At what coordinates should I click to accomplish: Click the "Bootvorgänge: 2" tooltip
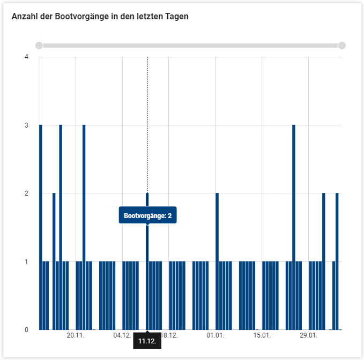(147, 216)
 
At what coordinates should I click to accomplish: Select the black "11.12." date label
(147, 341)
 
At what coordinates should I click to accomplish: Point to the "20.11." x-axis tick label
(76, 335)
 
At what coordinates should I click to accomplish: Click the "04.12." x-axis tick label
(122, 335)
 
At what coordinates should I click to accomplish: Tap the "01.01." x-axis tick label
(215, 335)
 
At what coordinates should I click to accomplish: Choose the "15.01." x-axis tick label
(262, 335)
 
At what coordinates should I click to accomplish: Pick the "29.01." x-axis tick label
(308, 335)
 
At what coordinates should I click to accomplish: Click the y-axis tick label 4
(26, 57)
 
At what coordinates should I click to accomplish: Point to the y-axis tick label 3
(26, 125)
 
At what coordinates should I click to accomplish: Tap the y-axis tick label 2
(26, 193)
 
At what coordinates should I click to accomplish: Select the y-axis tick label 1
(26, 261)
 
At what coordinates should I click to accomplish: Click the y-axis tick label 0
(26, 329)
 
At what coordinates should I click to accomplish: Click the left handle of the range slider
(39, 46)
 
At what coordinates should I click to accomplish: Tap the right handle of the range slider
(342, 46)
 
